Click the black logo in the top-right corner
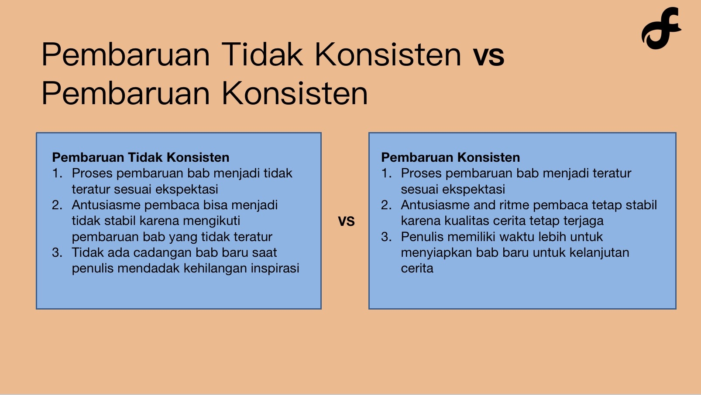pyautogui.click(x=661, y=28)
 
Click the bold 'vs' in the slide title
pyautogui.click(x=488, y=56)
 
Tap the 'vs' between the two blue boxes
pyautogui.click(x=346, y=221)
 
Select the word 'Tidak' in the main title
pyautogui.click(x=262, y=54)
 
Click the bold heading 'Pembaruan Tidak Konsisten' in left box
pyautogui.click(x=141, y=157)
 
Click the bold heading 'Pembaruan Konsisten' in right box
pyautogui.click(x=450, y=157)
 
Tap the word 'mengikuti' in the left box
pyautogui.click(x=212, y=221)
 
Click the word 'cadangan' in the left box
pyautogui.click(x=159, y=252)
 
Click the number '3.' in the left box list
pyautogui.click(x=57, y=252)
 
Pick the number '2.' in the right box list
pyautogui.click(x=386, y=205)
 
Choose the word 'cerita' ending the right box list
pyautogui.click(x=417, y=268)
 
